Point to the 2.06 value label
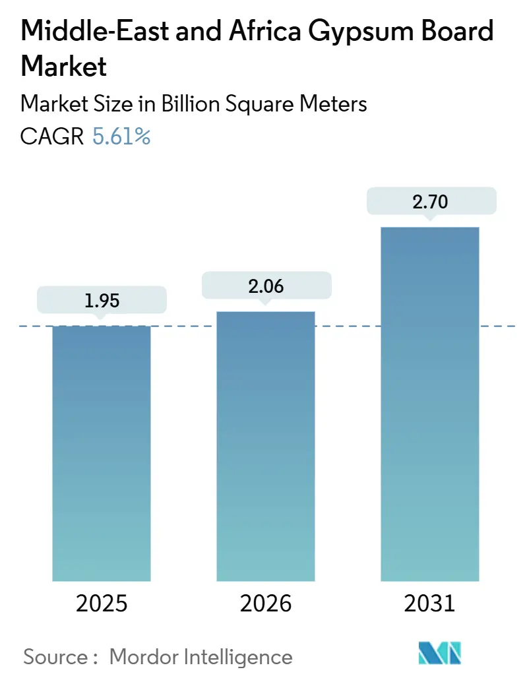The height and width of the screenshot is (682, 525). click(265, 286)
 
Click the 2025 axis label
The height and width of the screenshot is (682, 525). click(101, 604)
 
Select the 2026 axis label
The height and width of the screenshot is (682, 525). click(265, 604)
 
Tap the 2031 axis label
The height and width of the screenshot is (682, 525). click(429, 604)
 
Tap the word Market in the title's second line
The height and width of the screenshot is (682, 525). click(64, 66)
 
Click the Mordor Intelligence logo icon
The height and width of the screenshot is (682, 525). click(440, 653)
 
